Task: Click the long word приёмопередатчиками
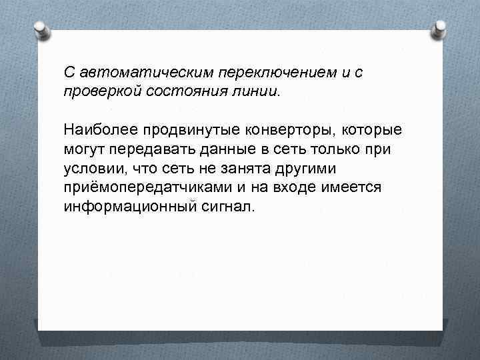145,187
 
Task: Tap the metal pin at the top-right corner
440,28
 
